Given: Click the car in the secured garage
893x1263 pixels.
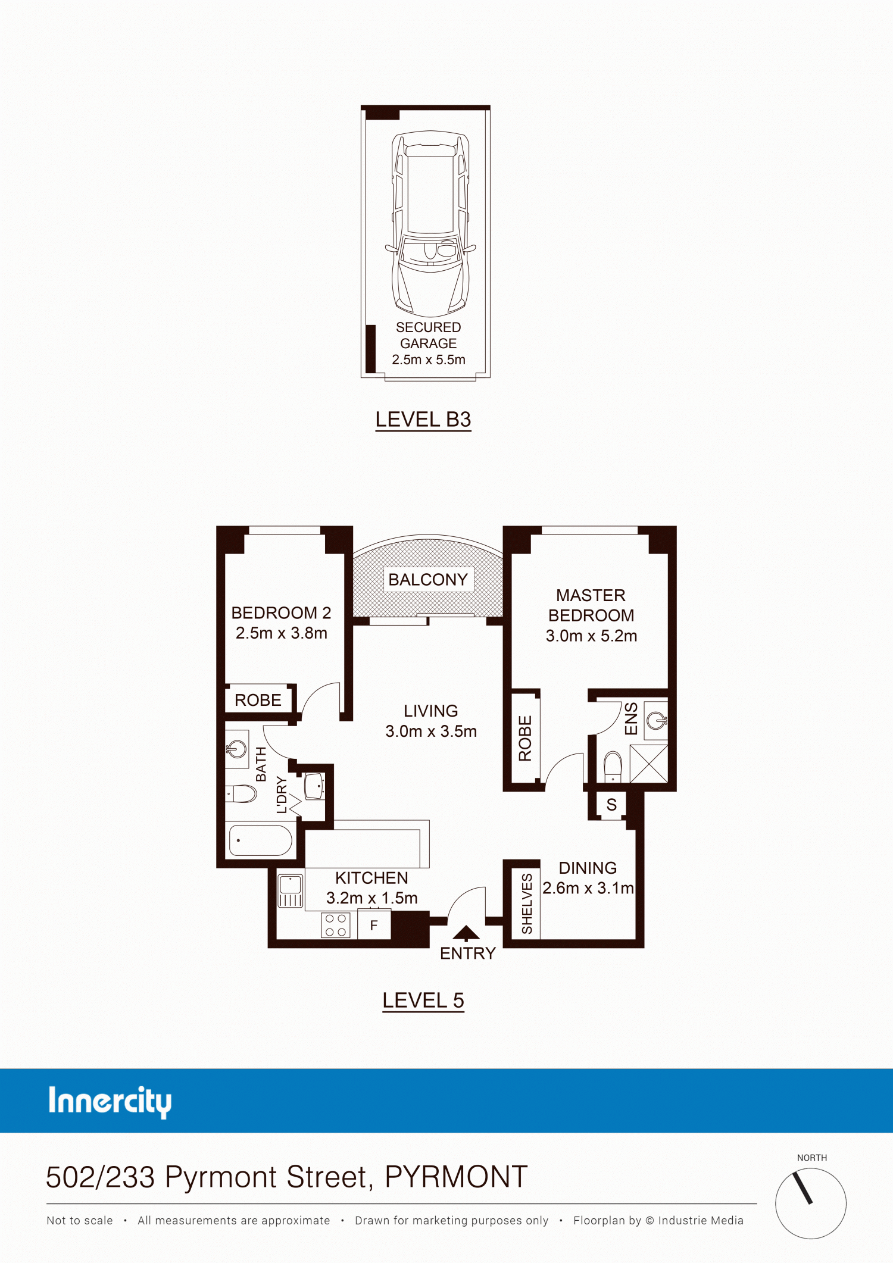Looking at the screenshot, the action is pyautogui.click(x=430, y=223).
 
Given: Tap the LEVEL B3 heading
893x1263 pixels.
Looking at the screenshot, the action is pyautogui.click(x=423, y=420).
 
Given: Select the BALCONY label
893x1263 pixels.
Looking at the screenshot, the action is pyautogui.click(x=428, y=579).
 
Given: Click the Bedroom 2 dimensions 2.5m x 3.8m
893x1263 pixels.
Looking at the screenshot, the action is pyautogui.click(x=282, y=633).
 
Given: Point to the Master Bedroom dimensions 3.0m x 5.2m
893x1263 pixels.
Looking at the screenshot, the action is pyautogui.click(x=591, y=636).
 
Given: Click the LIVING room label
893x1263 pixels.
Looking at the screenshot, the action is pyautogui.click(x=431, y=711).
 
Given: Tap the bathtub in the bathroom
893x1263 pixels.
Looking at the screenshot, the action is pyautogui.click(x=261, y=840).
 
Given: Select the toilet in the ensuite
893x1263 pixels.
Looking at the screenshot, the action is pyautogui.click(x=613, y=767).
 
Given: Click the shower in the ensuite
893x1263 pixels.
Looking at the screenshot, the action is pyautogui.click(x=649, y=764).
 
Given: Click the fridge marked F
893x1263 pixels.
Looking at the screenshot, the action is pyautogui.click(x=374, y=925).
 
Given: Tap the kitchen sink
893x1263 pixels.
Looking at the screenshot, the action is pyautogui.click(x=291, y=890).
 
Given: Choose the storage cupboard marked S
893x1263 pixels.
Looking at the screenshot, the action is pyautogui.click(x=611, y=805).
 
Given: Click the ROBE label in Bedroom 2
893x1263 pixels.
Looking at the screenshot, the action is pyautogui.click(x=258, y=700).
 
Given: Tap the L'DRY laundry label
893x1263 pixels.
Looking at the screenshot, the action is pyautogui.click(x=282, y=795).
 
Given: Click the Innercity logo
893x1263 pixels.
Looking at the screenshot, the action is pyautogui.click(x=110, y=1102).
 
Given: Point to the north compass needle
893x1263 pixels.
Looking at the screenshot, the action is pyautogui.click(x=803, y=1187).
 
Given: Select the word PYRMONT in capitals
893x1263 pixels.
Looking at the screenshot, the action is pyautogui.click(x=457, y=1177).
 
